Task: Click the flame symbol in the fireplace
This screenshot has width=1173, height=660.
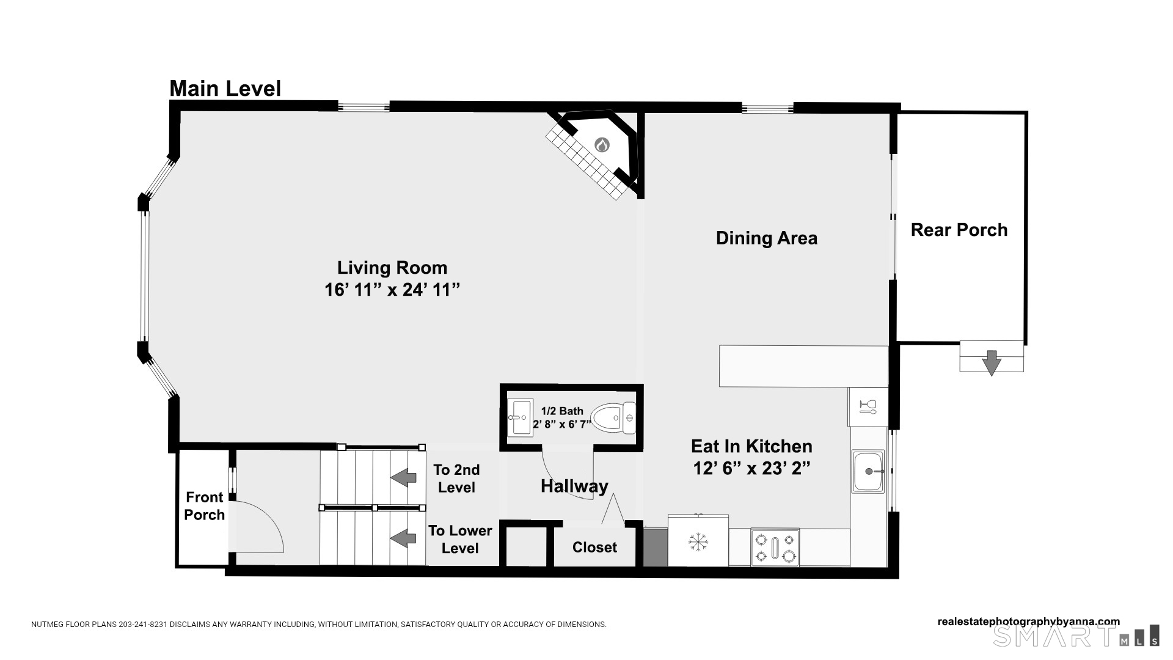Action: click(x=602, y=145)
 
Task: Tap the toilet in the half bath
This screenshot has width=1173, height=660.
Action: click(x=615, y=418)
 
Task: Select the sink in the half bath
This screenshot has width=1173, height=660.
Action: click(x=521, y=417)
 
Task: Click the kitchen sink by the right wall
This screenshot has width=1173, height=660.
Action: click(x=868, y=472)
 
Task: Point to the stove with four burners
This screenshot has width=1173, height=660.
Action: click(x=775, y=547)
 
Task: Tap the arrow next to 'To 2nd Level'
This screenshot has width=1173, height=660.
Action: click(x=404, y=477)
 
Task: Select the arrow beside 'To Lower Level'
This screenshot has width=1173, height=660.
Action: click(x=404, y=538)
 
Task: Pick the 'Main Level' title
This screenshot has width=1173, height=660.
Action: click(x=225, y=89)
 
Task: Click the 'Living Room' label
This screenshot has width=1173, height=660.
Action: click(x=392, y=268)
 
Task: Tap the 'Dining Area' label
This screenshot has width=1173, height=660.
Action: click(x=767, y=238)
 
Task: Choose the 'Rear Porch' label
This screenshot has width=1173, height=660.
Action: click(x=959, y=230)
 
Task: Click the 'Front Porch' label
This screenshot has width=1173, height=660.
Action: click(x=205, y=506)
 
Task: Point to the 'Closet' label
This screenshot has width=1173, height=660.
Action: click(x=594, y=548)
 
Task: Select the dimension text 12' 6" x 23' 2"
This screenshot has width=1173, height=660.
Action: click(x=751, y=468)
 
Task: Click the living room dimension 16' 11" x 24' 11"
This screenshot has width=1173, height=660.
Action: click(x=392, y=290)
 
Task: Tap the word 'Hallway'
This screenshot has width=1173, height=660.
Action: click(x=574, y=486)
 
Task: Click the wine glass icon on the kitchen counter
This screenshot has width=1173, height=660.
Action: click(x=868, y=406)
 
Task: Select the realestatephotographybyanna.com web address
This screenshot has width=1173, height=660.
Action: click(x=1029, y=621)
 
